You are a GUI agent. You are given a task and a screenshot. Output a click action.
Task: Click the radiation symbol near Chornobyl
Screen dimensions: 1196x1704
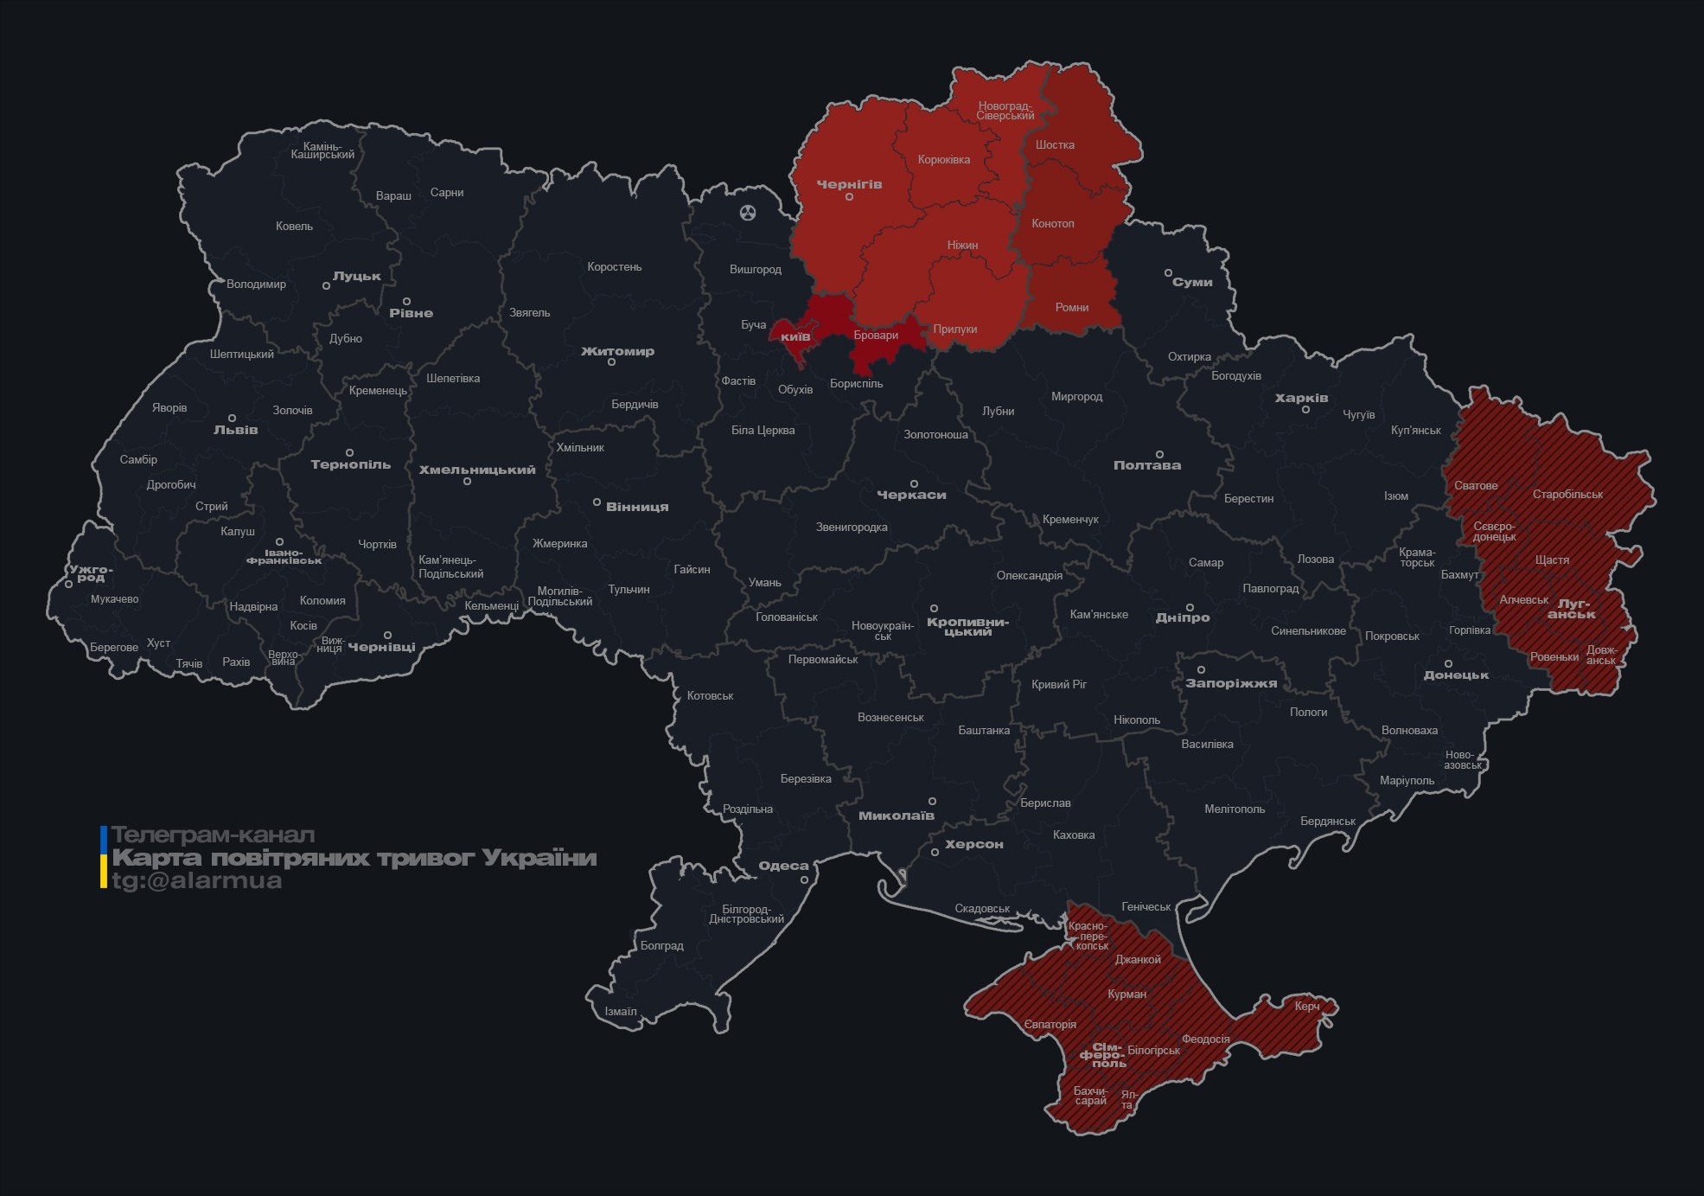tap(748, 213)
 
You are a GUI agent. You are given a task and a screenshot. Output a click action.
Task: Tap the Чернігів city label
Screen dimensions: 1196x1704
tap(849, 184)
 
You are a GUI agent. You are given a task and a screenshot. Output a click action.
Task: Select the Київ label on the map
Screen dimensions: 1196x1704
tap(795, 336)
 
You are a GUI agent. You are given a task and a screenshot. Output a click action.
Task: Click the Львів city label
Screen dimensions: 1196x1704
tap(235, 430)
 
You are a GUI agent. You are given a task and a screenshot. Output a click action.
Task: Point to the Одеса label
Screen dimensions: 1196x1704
tap(783, 866)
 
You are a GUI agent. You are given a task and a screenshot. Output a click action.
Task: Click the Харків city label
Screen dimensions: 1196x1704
tap(1301, 398)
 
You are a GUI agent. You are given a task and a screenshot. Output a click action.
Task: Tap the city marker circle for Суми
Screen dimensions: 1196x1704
tap(1168, 273)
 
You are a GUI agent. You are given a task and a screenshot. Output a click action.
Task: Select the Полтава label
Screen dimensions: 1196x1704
tap(1146, 465)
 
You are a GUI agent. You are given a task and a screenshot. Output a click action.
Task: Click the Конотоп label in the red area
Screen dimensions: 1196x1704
tap(1052, 223)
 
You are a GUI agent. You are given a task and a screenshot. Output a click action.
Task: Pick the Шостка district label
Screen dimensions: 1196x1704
tap(1055, 144)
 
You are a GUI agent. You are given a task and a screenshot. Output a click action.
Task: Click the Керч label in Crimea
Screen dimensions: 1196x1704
tap(1306, 1006)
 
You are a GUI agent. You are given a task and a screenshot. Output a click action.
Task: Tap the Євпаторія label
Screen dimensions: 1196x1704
tap(1050, 1025)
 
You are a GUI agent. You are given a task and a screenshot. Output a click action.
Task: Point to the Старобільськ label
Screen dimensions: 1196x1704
tap(1567, 495)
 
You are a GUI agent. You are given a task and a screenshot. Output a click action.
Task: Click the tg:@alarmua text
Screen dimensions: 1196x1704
tap(196, 881)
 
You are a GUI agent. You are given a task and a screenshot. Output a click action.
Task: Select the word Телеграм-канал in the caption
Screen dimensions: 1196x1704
tap(213, 835)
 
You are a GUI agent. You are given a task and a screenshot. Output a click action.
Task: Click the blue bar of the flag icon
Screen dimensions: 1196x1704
tap(104, 838)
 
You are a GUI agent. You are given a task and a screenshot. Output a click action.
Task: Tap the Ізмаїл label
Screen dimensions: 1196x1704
tap(620, 1011)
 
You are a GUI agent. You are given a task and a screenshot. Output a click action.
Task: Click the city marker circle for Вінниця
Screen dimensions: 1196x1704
tap(597, 502)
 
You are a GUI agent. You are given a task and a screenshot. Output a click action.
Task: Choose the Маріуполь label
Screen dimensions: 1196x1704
tap(1406, 780)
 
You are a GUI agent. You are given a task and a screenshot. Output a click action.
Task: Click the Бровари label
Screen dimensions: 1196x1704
tap(875, 336)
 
